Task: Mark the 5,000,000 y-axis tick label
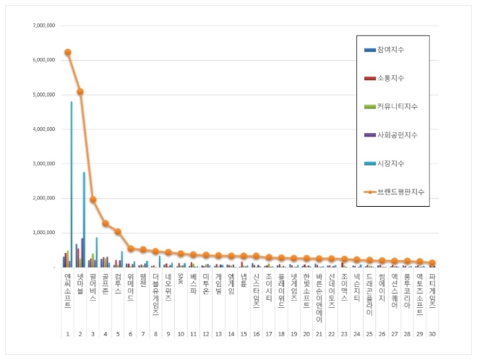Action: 43,95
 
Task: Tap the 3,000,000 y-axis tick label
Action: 43,164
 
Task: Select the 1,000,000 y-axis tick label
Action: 43,233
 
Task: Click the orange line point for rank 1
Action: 67,52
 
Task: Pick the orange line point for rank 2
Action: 80,92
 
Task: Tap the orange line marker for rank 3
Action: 93,200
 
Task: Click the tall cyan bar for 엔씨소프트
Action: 71,184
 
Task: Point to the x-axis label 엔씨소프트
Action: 67,291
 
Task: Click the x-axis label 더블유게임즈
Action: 155,295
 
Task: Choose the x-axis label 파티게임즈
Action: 431,291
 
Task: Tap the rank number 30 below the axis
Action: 431,335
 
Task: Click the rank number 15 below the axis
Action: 244,335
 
